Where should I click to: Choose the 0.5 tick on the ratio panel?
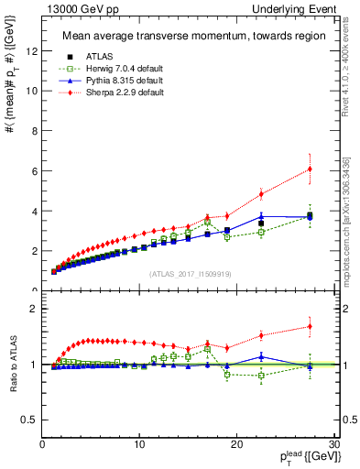tap(29, 420)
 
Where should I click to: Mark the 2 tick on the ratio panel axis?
tap(33, 309)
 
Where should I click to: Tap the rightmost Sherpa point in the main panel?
tap(310, 169)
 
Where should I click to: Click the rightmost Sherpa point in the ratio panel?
tap(310, 326)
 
